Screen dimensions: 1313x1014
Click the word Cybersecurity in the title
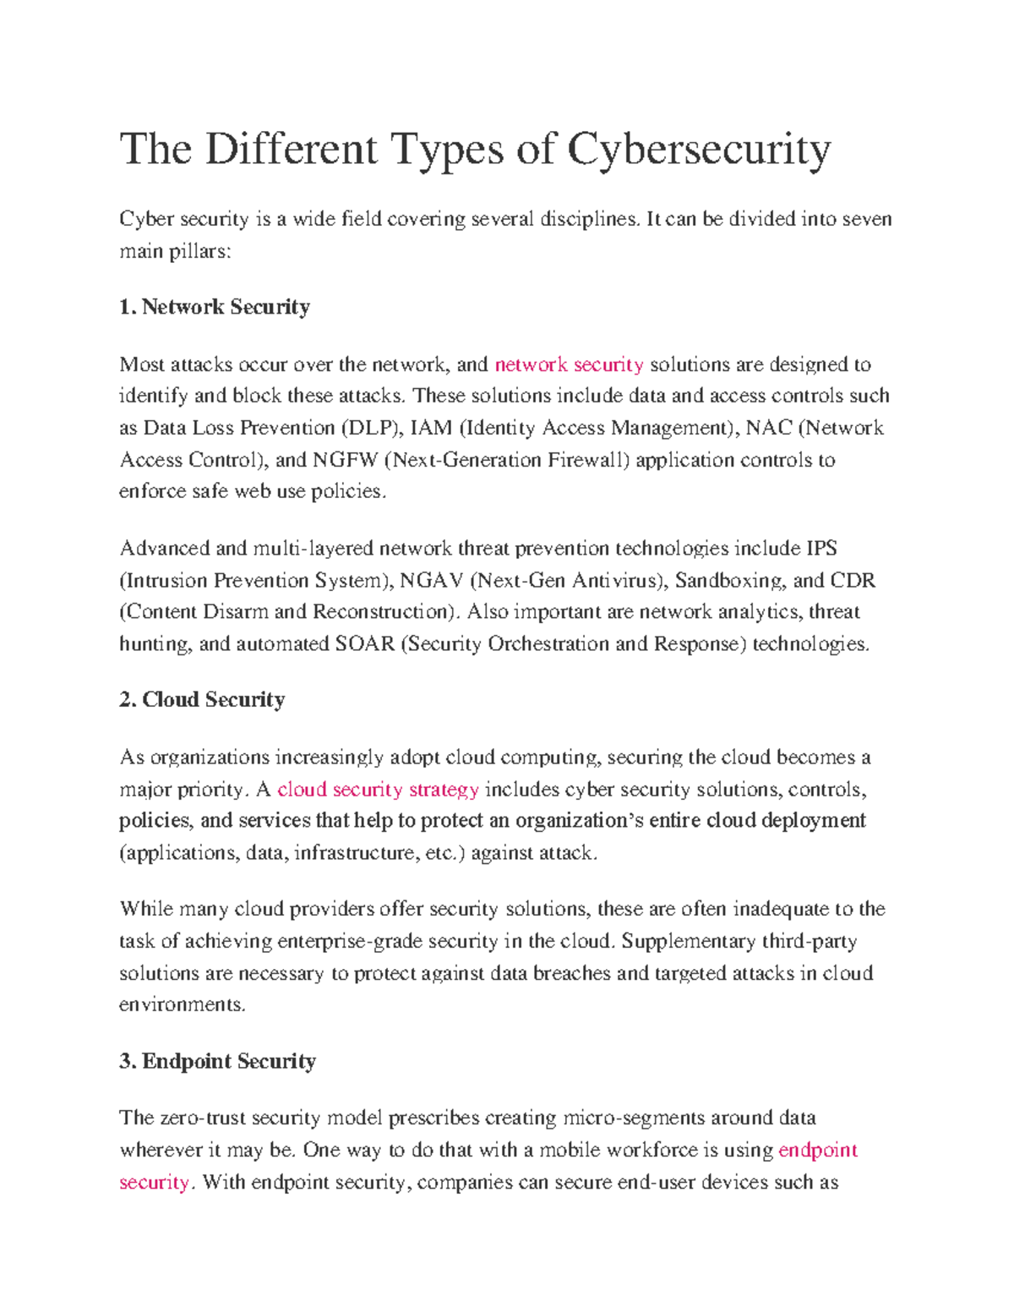699,150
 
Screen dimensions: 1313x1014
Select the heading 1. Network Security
215,307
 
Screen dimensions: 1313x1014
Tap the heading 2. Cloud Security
202,700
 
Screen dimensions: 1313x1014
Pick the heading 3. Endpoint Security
217,1062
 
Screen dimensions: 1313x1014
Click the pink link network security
569,365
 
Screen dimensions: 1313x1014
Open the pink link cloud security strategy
378,790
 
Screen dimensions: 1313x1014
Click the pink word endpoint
817,1151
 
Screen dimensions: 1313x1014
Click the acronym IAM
431,429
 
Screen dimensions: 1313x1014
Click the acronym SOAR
365,644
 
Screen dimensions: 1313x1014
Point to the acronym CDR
853,581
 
